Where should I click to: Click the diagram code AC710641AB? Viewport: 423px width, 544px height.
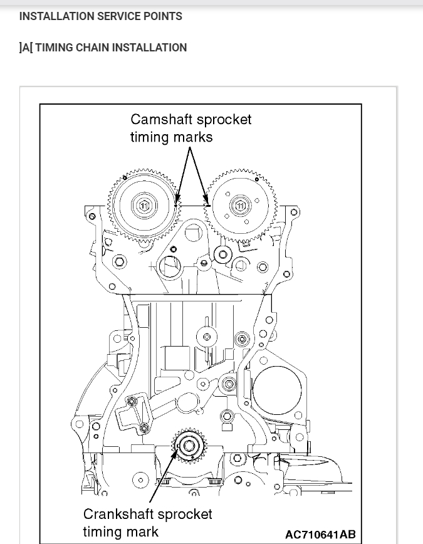320,535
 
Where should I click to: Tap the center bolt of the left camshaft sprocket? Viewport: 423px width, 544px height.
144,206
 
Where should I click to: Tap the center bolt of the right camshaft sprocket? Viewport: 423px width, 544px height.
239,206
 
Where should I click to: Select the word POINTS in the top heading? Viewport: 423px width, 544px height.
163,16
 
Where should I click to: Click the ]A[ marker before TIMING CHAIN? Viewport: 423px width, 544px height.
26,48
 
